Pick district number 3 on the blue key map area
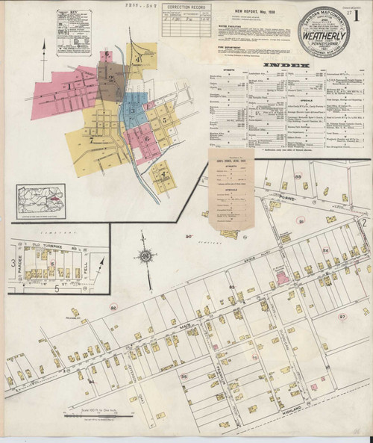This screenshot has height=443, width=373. point(133,111)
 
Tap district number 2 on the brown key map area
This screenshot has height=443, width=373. point(111,78)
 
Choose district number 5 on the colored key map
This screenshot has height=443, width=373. point(160,118)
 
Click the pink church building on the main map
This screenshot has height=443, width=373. point(282,276)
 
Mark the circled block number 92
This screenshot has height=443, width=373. point(113,306)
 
